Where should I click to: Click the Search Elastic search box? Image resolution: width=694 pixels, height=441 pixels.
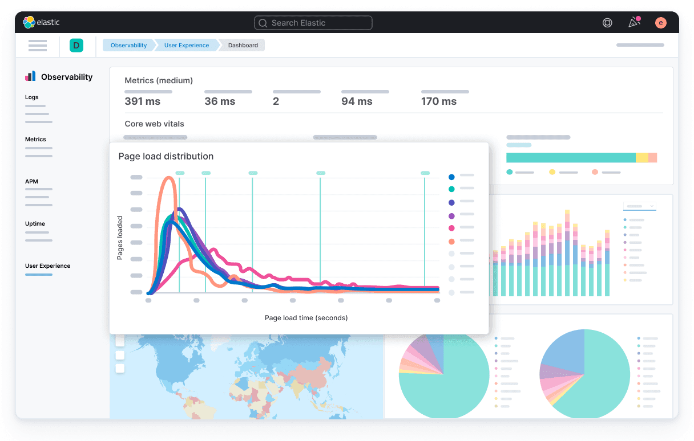[x=313, y=23]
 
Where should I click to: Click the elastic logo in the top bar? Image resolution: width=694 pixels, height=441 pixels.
[x=41, y=22]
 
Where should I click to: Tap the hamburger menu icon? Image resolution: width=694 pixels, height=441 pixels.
[x=38, y=46]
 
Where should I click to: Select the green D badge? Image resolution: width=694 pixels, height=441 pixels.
[x=76, y=46]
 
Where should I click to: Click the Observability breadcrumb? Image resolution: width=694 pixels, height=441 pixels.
[x=128, y=46]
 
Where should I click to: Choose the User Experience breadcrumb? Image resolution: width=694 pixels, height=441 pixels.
[x=187, y=46]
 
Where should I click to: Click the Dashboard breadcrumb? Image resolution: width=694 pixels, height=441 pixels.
[x=243, y=46]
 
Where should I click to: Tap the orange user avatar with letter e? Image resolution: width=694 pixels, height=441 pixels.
[x=660, y=23]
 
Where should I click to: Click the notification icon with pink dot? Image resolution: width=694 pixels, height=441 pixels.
[x=634, y=23]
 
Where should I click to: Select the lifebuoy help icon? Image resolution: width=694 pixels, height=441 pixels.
[x=607, y=23]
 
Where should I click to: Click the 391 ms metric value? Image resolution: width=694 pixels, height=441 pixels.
[x=142, y=101]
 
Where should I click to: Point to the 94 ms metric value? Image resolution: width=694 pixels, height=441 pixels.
[x=357, y=101]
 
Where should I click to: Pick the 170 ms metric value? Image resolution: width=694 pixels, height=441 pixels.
[x=439, y=101]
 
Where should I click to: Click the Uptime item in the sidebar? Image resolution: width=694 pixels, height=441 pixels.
[x=35, y=224]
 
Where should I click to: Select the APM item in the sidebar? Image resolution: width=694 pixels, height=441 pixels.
[x=31, y=182]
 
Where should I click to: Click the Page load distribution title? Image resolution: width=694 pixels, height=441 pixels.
[x=166, y=156]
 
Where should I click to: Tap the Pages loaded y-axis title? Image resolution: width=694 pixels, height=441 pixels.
[x=120, y=238]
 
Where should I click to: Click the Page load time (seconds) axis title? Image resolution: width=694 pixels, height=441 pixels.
[x=306, y=317]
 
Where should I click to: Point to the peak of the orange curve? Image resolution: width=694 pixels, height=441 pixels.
[x=169, y=178]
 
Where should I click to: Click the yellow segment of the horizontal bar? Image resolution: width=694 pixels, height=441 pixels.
[x=641, y=158]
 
